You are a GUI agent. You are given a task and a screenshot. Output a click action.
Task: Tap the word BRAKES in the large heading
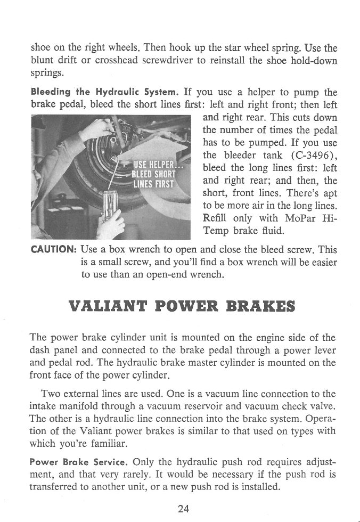pyautogui.click(x=261, y=308)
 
